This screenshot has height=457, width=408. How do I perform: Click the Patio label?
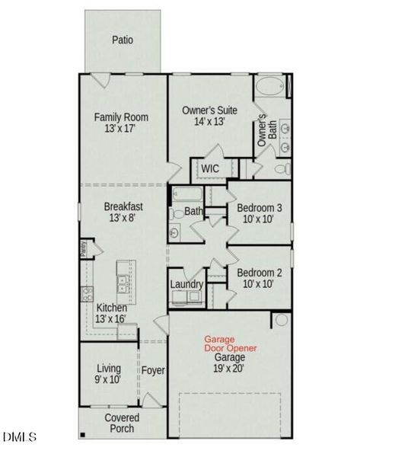(123, 40)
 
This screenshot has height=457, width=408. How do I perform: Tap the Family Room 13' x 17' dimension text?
(121, 130)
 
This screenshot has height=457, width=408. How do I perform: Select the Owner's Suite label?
(209, 110)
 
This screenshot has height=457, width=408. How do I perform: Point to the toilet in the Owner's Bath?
(282, 168)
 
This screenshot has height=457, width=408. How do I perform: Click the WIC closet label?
(210, 168)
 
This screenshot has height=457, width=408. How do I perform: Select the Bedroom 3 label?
(260, 208)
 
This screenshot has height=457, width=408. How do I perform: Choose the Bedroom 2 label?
(260, 273)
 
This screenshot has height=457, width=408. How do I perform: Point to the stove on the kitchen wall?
(86, 294)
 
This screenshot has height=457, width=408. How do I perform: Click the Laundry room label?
(186, 284)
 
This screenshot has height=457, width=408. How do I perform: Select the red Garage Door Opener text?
(229, 344)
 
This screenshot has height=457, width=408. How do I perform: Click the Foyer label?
(153, 370)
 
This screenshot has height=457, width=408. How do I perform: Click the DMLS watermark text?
(20, 437)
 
